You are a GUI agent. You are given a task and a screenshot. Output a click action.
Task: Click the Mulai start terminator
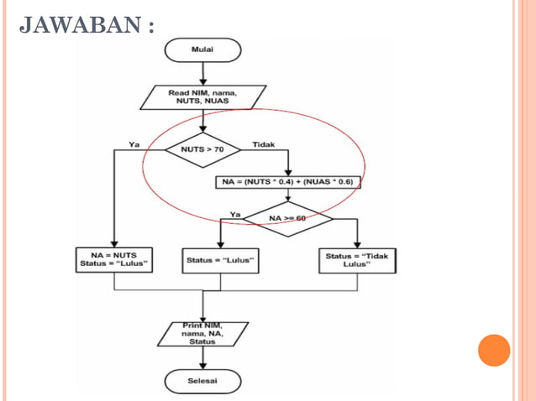click(203, 49)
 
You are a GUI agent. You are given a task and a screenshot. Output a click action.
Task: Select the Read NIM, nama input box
click(203, 96)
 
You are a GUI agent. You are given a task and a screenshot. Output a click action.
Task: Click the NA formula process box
click(287, 181)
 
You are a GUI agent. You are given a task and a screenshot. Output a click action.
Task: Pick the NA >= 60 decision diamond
click(288, 218)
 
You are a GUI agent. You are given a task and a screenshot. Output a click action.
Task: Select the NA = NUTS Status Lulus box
click(113, 259)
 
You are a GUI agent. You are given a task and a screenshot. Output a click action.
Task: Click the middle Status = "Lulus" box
click(220, 260)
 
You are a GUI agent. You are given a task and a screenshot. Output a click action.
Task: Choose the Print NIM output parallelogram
click(202, 333)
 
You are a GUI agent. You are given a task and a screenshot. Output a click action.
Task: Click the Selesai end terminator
click(202, 381)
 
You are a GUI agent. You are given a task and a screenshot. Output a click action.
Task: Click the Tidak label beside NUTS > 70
click(264, 144)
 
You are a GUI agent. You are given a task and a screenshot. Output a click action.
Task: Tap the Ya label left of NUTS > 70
click(134, 144)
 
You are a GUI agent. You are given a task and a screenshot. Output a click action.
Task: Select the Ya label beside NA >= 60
click(235, 215)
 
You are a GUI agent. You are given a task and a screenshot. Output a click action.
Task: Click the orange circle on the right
click(494, 350)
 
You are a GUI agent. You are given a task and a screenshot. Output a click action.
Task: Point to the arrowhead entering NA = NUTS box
click(113, 242)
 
